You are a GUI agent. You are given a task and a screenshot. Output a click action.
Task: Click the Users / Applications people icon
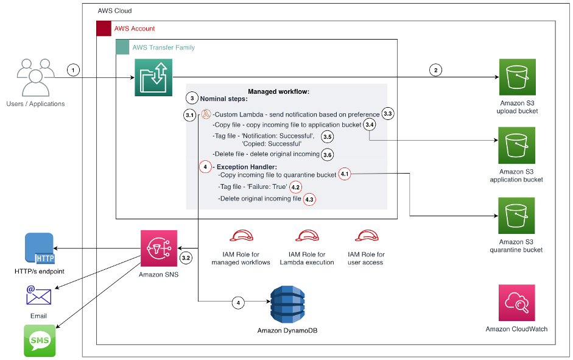click(35, 77)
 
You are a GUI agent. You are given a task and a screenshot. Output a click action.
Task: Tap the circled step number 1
click(74, 70)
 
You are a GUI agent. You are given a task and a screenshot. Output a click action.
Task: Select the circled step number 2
click(435, 70)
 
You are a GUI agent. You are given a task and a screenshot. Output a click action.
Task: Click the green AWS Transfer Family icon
click(153, 77)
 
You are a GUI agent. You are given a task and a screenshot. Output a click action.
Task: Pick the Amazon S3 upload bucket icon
click(516, 77)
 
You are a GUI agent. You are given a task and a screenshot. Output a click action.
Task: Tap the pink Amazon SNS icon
click(158, 249)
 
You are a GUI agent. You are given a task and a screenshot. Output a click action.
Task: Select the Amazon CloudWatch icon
click(516, 303)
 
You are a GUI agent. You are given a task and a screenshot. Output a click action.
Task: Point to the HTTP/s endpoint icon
click(39, 249)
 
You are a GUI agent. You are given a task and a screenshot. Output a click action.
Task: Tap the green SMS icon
click(39, 341)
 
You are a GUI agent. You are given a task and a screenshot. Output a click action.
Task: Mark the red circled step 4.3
click(310, 200)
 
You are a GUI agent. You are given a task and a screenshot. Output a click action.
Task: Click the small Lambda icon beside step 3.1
click(206, 114)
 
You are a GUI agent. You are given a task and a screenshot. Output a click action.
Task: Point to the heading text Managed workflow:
click(278, 91)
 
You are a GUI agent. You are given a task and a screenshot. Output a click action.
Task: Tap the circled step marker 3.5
click(328, 137)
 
